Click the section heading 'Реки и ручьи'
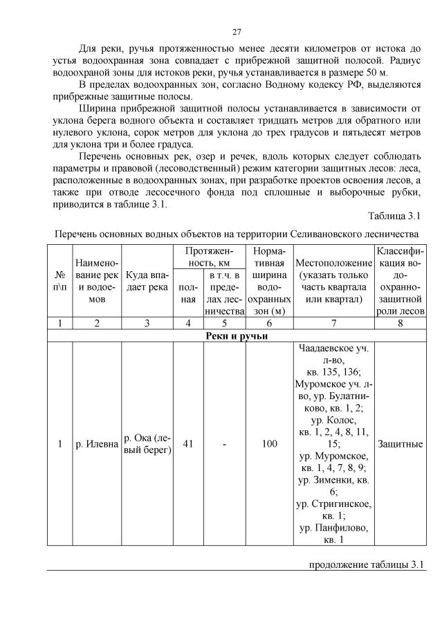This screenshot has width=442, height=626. click(x=236, y=336)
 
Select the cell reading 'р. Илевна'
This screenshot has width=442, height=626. click(x=96, y=443)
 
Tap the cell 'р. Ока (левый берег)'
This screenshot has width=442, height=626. click(x=146, y=443)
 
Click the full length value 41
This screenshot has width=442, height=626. click(x=187, y=443)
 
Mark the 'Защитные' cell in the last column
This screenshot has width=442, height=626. click(x=400, y=443)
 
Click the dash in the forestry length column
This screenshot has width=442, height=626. click(x=224, y=443)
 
